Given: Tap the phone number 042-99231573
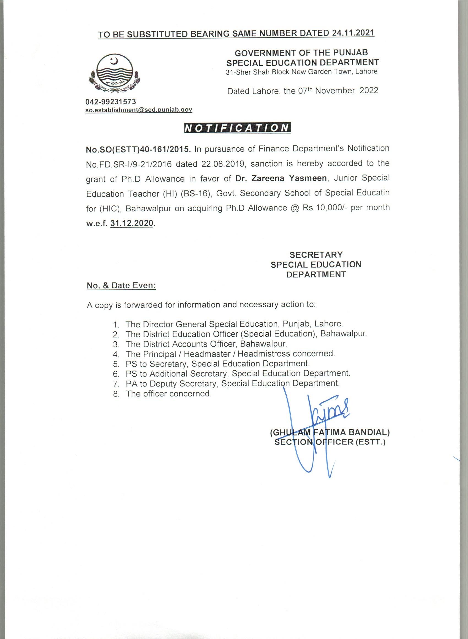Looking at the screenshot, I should coord(111,101).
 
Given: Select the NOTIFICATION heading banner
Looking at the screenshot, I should coord(237,128).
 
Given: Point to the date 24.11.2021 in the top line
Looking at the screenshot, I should coord(352,33).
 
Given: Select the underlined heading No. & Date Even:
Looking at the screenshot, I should coord(121,285).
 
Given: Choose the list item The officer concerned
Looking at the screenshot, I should coord(169,393).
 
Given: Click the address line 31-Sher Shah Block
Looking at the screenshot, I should coord(301,72).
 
